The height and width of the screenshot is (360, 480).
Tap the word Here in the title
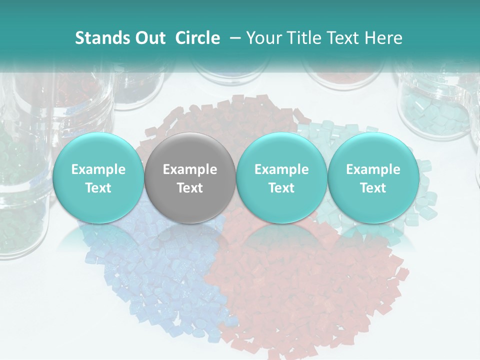click(382, 38)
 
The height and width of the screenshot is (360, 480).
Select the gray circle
click(189, 178)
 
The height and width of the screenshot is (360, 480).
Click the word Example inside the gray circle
click(190, 169)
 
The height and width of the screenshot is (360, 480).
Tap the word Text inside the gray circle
click(190, 188)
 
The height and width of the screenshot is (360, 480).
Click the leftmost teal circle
click(98, 178)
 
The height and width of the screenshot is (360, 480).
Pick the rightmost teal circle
click(373, 178)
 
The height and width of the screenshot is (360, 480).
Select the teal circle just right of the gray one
click(281, 178)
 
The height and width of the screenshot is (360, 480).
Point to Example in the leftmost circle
click(98, 169)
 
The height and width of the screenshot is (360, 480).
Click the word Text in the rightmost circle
click(373, 188)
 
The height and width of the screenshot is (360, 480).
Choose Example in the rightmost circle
click(373, 169)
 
